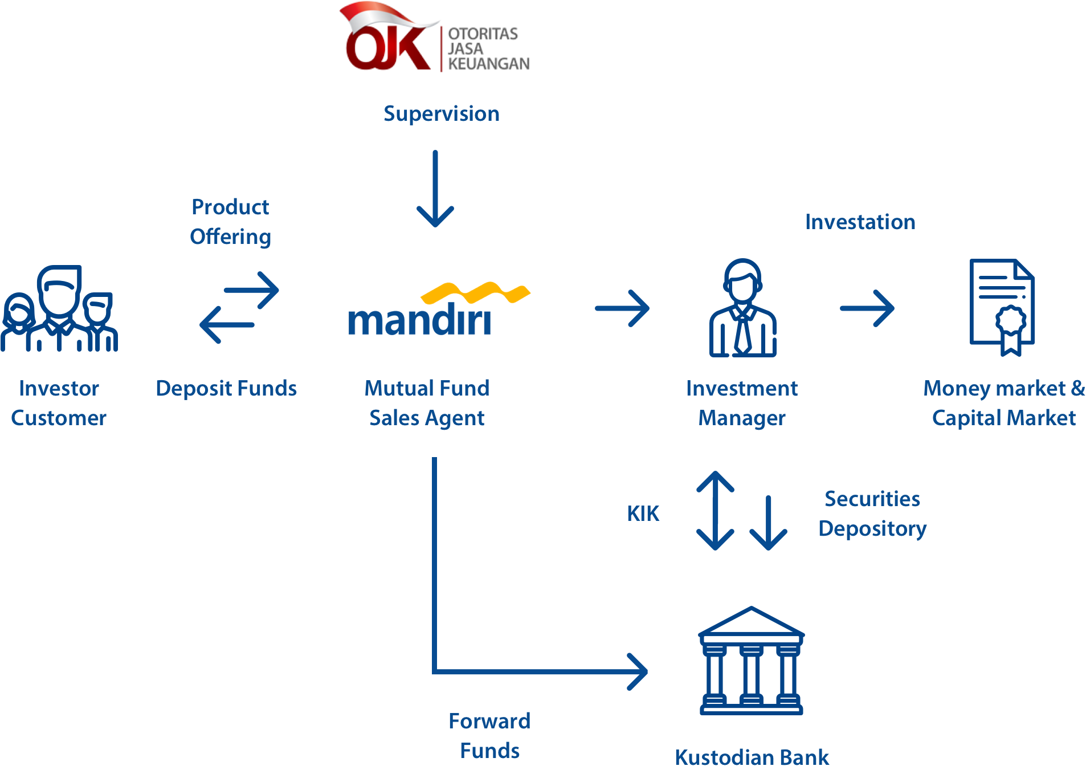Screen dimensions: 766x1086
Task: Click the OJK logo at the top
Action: pyautogui.click(x=434, y=37)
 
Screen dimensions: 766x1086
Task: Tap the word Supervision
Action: pyautogui.click(x=442, y=114)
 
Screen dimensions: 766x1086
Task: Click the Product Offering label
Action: pyautogui.click(x=230, y=222)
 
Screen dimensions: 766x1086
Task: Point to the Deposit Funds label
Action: pyautogui.click(x=226, y=389)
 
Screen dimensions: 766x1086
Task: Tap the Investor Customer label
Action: pyautogui.click(x=59, y=403)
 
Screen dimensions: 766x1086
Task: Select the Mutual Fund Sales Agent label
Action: pyautogui.click(x=427, y=403)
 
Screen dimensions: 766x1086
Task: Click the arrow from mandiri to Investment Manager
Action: pyautogui.click(x=622, y=308)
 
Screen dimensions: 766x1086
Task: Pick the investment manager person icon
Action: pyautogui.click(x=742, y=308)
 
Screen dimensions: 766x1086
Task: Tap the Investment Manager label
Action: pyautogui.click(x=742, y=403)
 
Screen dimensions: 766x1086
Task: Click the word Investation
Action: pyautogui.click(x=860, y=222)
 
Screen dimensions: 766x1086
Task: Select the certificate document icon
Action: pyautogui.click(x=1002, y=307)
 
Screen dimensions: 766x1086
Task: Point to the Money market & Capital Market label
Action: pyautogui.click(x=1004, y=403)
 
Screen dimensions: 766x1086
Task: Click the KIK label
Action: pyautogui.click(x=643, y=514)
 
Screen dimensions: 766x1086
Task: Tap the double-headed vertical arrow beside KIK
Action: pyautogui.click(x=715, y=511)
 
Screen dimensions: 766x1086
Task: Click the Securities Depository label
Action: pyautogui.click(x=872, y=514)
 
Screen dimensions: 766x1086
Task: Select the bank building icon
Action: pyautogui.click(x=752, y=661)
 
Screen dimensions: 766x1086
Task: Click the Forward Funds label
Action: pyautogui.click(x=489, y=736)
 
